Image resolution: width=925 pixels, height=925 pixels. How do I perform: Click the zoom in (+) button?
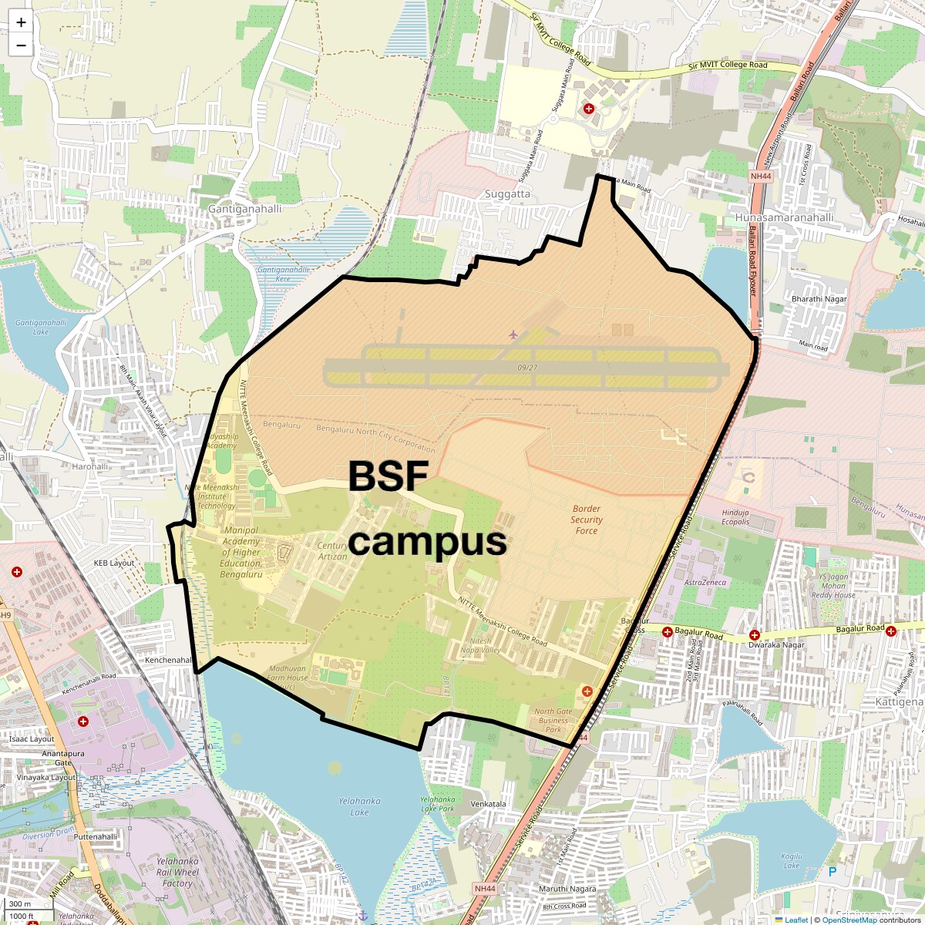pyautogui.click(x=21, y=22)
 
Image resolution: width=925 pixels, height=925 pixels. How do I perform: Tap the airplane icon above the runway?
pyautogui.click(x=513, y=334)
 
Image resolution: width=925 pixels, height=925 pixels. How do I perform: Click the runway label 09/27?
pyautogui.click(x=528, y=368)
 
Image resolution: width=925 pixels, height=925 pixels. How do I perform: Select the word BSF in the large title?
pyautogui.click(x=388, y=476)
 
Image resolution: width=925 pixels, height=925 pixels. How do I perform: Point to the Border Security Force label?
pyautogui.click(x=587, y=520)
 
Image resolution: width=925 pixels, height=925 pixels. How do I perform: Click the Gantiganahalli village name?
pyautogui.click(x=245, y=209)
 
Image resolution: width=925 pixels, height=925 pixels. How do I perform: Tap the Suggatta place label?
pyautogui.click(x=507, y=194)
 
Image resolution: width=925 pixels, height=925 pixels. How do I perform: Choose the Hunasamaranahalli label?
pyautogui.click(x=783, y=217)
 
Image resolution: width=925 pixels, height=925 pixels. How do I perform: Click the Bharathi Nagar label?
pyautogui.click(x=819, y=299)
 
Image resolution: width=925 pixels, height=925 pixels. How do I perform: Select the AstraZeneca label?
pyautogui.click(x=705, y=583)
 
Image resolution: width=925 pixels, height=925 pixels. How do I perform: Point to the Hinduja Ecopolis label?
pyautogui.click(x=735, y=517)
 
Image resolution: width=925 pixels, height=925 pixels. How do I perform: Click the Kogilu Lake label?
pyautogui.click(x=792, y=860)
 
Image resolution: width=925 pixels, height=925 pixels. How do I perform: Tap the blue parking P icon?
pyautogui.click(x=832, y=872)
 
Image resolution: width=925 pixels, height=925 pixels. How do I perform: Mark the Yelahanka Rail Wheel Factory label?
pyautogui.click(x=177, y=872)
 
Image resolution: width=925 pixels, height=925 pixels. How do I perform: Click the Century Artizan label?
pyautogui.click(x=332, y=551)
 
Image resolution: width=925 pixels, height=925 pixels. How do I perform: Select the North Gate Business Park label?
pyautogui.click(x=553, y=721)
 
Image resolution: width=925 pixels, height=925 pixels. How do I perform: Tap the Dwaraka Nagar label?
pyautogui.click(x=776, y=645)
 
